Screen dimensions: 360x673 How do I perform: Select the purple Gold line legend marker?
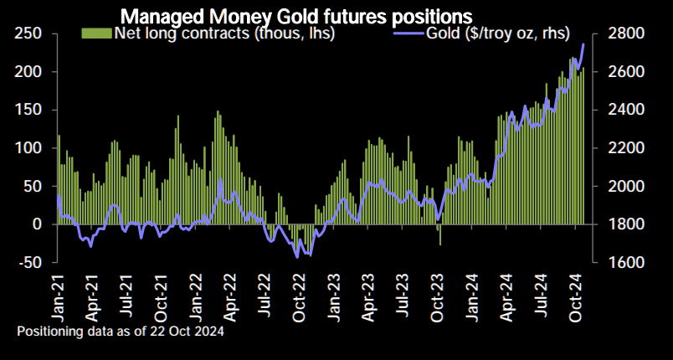pyautogui.click(x=412, y=33)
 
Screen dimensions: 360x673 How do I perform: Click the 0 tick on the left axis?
pyautogui.click(x=37, y=224)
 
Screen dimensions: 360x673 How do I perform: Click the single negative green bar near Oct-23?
pyautogui.click(x=440, y=234)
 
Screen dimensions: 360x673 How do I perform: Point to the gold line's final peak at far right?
pyautogui.click(x=583, y=44)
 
